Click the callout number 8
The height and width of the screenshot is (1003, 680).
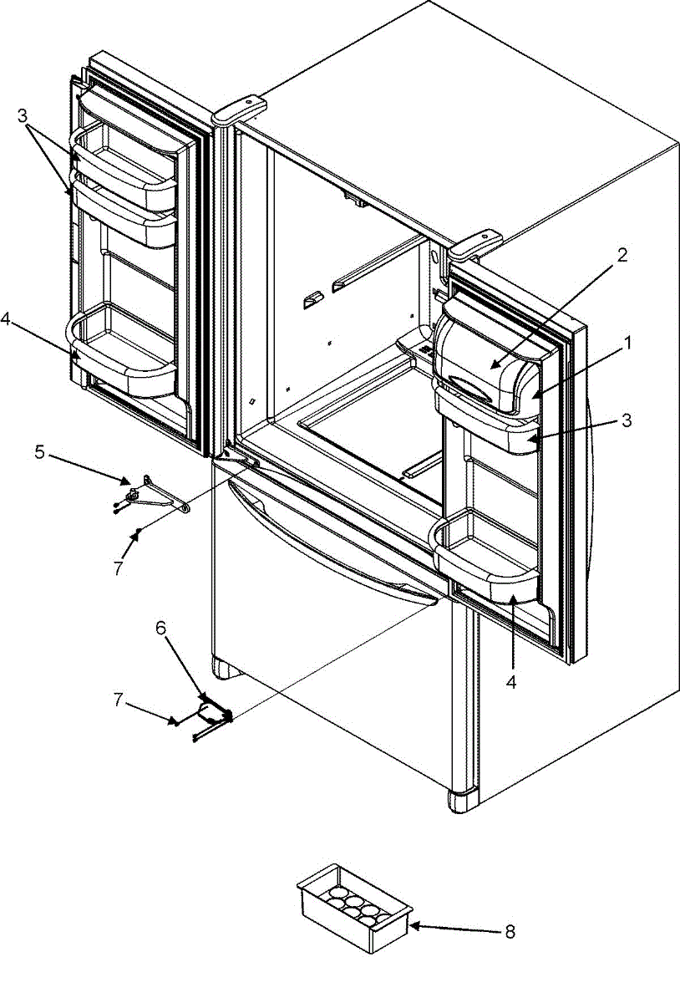[510, 930]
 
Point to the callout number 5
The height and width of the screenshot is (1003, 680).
[39, 452]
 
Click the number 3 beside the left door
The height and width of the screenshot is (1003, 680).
[23, 115]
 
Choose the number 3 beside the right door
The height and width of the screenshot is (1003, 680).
[626, 420]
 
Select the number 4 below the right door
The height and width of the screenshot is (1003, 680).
[511, 681]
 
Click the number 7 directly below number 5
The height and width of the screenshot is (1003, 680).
[118, 568]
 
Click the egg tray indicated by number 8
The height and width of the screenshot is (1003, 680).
[354, 907]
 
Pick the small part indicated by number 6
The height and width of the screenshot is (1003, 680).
[213, 713]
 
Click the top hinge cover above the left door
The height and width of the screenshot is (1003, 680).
[239, 109]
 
